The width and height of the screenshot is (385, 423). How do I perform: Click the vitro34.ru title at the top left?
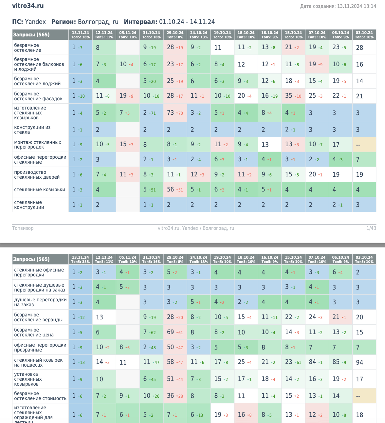(28, 6)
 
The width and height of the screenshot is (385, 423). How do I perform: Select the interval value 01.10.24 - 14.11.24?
(187, 22)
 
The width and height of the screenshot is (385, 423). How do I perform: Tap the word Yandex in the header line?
(35, 22)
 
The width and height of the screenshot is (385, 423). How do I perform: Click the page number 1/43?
(371, 228)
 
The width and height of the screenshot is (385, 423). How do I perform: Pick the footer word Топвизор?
(23, 228)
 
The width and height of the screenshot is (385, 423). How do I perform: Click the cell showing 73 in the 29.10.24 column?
(171, 113)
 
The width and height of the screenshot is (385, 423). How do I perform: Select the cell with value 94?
(359, 362)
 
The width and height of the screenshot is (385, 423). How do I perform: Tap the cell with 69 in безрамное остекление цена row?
(171, 332)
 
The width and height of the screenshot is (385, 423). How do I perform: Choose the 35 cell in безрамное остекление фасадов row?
(289, 96)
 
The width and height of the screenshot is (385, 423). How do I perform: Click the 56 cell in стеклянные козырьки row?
(171, 190)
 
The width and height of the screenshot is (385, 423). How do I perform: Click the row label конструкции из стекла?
(32, 130)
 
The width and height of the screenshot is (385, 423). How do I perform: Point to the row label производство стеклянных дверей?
(37, 174)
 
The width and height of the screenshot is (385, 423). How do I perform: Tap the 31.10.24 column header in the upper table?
(151, 34)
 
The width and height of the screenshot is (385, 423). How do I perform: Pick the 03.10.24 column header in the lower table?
(364, 259)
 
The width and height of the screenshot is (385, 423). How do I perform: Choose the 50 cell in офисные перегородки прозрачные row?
(171, 347)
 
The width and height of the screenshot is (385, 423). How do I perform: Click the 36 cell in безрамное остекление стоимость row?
(171, 396)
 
